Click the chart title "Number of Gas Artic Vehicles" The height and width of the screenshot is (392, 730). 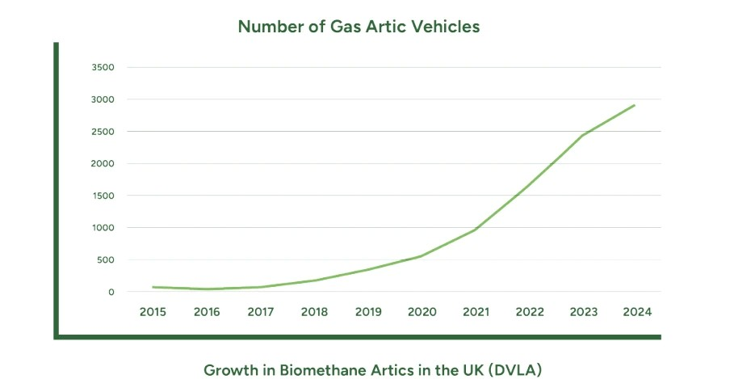point(359,27)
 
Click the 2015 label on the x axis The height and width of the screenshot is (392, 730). point(153,311)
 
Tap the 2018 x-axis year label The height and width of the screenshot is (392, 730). point(314,311)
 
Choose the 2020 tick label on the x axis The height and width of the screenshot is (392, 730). point(422,311)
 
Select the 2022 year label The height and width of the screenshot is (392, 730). point(529,311)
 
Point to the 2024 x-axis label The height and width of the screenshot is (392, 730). point(636,311)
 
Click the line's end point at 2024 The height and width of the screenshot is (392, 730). point(636,105)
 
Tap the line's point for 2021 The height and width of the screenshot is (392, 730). point(475,230)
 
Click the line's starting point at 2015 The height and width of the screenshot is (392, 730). point(153,287)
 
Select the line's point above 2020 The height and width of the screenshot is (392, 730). point(422,256)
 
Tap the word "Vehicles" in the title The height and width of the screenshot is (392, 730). point(445,27)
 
